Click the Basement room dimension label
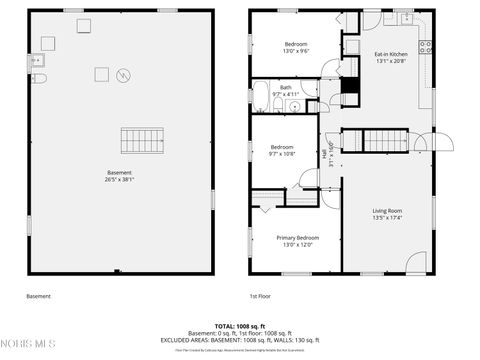click(x=119, y=176)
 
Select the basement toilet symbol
click(x=39, y=78)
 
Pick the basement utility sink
click(x=46, y=43)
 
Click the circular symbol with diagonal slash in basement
click(x=123, y=74)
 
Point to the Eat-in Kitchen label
click(x=391, y=57)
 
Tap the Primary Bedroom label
click(x=297, y=241)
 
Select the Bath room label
click(x=286, y=91)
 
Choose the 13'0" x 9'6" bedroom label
click(x=296, y=48)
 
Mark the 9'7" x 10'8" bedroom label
click(x=281, y=150)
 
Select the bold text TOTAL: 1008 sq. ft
click(x=239, y=326)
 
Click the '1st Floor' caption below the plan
click(x=260, y=296)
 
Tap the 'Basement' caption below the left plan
click(x=38, y=296)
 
